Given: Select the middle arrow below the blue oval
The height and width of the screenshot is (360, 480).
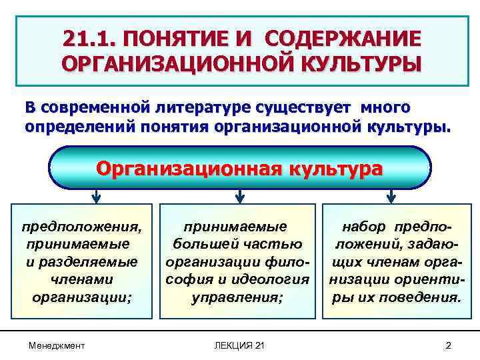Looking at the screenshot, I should [240, 196].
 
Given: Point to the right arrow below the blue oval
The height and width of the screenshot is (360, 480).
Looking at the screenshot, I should [391, 196].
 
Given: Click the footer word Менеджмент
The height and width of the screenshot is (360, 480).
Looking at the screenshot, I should [57, 345].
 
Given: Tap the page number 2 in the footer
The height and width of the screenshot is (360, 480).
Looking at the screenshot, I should [448, 345].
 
